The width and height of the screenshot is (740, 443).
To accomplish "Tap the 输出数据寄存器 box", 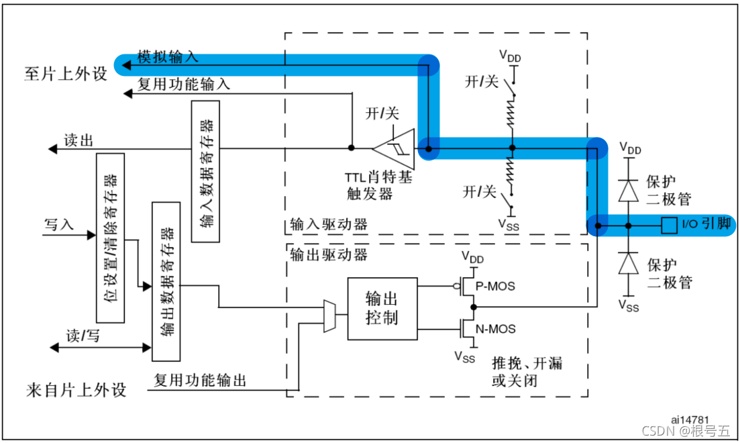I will click(166, 281).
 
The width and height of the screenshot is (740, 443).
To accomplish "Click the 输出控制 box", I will click(382, 308).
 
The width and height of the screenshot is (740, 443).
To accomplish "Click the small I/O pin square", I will click(668, 225).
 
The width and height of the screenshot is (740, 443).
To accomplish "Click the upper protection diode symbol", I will click(629, 191).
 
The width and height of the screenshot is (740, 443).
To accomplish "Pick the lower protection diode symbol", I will click(629, 264).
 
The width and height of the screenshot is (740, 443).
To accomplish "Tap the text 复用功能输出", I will click(200, 381).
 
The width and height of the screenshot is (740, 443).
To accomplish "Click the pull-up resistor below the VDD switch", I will click(512, 114).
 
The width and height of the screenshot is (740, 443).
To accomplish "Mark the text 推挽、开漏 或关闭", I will click(526, 371).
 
